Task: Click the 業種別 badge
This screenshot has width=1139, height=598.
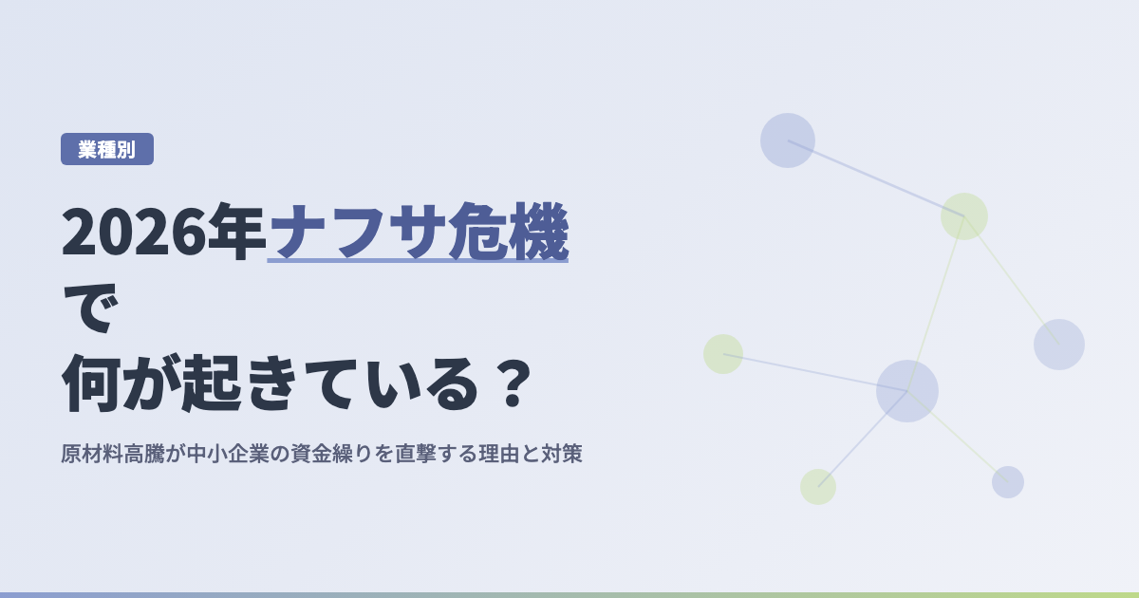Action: pyautogui.click(x=106, y=149)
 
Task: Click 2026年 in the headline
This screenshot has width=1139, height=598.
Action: pyautogui.click(x=163, y=232)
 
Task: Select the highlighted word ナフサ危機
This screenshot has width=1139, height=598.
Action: pyautogui.click(x=418, y=232)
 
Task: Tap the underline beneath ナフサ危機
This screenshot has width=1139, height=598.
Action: pyautogui.click(x=418, y=261)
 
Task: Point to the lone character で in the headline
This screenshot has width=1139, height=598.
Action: pyautogui.click(x=90, y=308)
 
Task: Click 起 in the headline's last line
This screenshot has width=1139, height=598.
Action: pyautogui.click(x=212, y=383)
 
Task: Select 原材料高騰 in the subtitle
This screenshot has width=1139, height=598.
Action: pyautogui.click(x=112, y=454)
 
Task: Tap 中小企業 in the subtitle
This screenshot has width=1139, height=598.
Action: pyautogui.click(x=228, y=454)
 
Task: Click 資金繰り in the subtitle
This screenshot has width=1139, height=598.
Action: pyautogui.click(x=331, y=454)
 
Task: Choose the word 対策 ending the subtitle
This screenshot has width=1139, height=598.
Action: pyautogui.click(x=561, y=454)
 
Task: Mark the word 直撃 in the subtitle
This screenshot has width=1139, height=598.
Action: pyautogui.click(x=416, y=454)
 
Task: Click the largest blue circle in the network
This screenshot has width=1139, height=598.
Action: pyautogui.click(x=907, y=391)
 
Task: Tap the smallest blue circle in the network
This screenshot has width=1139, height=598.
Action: pyautogui.click(x=1008, y=482)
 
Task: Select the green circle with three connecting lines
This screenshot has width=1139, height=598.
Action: pyautogui.click(x=964, y=216)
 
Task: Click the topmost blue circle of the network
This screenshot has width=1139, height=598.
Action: pyautogui.click(x=788, y=140)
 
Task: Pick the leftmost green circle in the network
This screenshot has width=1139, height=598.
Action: pyautogui.click(x=723, y=354)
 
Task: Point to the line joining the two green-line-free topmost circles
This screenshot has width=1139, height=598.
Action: pyautogui.click(x=875, y=178)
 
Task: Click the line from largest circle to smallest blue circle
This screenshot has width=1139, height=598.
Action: pyautogui.click(x=958, y=437)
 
